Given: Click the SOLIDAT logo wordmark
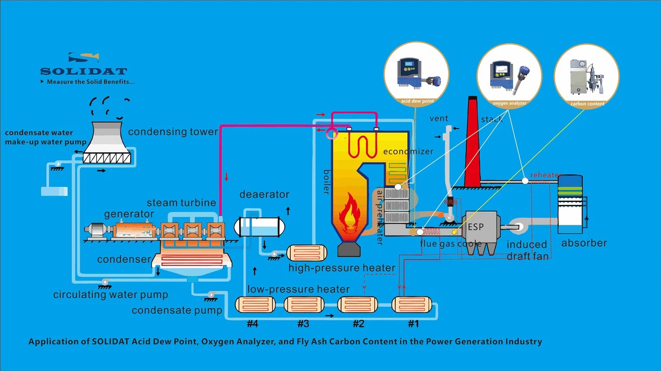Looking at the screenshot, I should tap(83, 71).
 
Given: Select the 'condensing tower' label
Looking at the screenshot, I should tap(173, 132).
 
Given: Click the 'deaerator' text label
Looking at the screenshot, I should tap(264, 194).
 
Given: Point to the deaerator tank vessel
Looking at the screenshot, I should tap(259, 227).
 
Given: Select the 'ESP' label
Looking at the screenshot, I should tap(476, 227).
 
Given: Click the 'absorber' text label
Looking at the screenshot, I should tap(584, 243).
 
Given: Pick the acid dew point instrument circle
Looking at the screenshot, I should tap(416, 74).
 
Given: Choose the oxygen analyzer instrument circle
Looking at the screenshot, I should tap(509, 75).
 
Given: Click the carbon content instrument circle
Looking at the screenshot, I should tap(587, 76).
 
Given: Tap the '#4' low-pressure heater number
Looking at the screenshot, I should tap(252, 324).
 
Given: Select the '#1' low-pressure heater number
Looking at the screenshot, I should tap(414, 324).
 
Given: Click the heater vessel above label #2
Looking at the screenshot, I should tap(358, 305).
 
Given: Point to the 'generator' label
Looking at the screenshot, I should tap(129, 214).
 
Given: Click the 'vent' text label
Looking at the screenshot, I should tap(439, 119).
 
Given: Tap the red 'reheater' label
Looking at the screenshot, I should tap(546, 175).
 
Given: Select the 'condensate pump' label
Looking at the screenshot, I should tap(177, 310).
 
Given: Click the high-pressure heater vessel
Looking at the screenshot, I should tap(307, 253).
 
